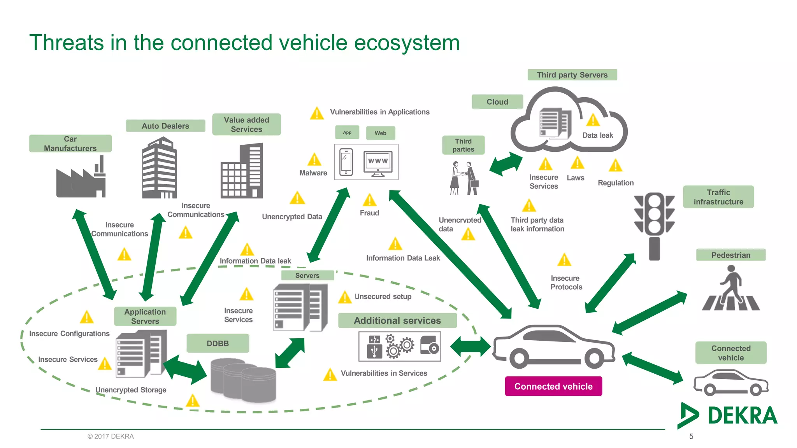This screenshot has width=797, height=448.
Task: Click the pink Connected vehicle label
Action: (553, 386)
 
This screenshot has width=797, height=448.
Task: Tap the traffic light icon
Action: (654, 226)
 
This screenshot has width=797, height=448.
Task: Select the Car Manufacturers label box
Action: (70, 143)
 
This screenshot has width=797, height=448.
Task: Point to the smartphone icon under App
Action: (346, 162)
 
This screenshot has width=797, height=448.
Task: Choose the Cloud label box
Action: (497, 102)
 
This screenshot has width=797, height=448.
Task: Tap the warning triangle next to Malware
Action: (314, 160)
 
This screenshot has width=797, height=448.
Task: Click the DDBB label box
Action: (218, 343)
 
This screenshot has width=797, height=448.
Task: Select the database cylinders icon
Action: (243, 380)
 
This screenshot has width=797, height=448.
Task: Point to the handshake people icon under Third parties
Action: (464, 178)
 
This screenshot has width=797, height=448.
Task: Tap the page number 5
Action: (691, 436)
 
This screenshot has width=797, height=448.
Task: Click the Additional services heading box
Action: (397, 320)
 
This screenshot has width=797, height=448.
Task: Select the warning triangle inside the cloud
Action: (593, 120)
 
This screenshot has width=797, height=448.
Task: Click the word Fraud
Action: (369, 213)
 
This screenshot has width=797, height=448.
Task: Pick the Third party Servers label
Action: (572, 75)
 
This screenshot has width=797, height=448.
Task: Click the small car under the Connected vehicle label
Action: (731, 383)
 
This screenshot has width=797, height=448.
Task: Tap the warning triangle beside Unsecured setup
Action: (345, 297)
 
